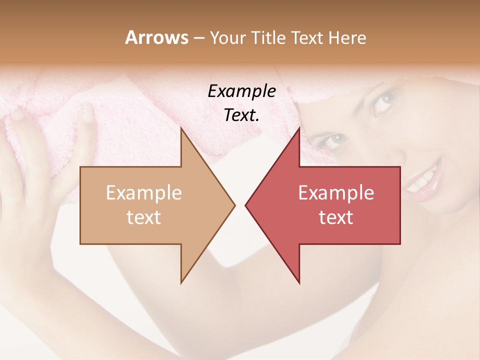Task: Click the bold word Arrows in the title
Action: point(156,37)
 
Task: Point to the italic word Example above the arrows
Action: point(241,91)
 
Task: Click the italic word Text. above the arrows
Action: point(241,115)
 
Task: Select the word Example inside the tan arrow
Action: point(144,192)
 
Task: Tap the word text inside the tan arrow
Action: point(144,217)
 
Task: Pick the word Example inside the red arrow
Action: point(336,192)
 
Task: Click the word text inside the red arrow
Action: point(336,217)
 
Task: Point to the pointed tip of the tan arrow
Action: point(234,205)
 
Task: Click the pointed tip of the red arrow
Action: point(246,205)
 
